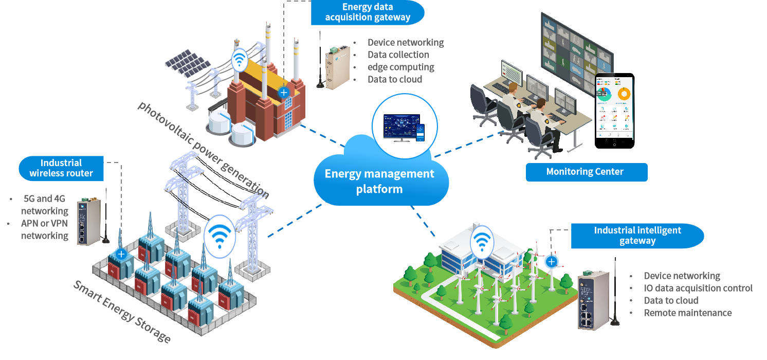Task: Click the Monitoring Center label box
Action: click(586, 172)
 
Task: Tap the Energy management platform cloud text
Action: click(379, 181)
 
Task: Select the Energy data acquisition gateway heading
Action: click(368, 12)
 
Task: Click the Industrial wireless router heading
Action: click(61, 168)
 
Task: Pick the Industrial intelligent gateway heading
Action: click(637, 236)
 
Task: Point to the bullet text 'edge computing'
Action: click(401, 67)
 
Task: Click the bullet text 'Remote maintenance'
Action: click(688, 313)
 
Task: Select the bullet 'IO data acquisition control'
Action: click(698, 288)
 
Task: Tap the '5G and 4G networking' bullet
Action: click(44, 205)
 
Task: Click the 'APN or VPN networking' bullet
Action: click(44, 229)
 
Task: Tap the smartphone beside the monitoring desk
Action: click(614, 110)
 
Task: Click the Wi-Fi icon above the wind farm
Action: click(482, 240)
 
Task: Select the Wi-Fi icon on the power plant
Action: click(239, 61)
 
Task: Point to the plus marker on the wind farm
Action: click(552, 262)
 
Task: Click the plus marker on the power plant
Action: click(283, 93)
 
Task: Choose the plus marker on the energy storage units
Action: click(121, 254)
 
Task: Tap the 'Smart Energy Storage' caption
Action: click(121, 312)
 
